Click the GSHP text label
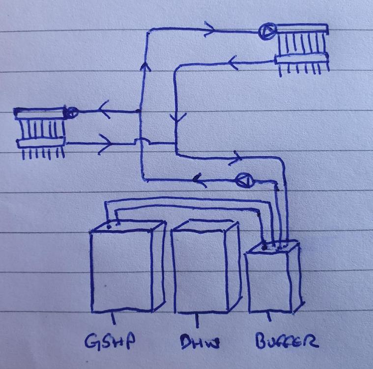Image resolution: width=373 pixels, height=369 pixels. (110, 340)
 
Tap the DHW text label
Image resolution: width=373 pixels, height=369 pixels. (200, 342)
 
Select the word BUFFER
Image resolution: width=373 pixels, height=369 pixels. (287, 341)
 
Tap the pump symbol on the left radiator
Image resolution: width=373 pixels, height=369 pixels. (71, 112)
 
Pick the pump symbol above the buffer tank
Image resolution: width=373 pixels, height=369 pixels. (245, 181)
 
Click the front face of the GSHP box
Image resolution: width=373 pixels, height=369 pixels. (121, 272)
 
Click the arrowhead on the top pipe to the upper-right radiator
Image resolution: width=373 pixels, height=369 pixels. (210, 29)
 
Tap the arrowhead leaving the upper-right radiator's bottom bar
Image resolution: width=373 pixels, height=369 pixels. (233, 63)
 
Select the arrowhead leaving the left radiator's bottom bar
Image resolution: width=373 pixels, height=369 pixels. (105, 144)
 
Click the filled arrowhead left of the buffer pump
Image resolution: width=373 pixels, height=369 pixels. (199, 180)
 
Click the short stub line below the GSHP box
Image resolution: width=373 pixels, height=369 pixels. (114, 318)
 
